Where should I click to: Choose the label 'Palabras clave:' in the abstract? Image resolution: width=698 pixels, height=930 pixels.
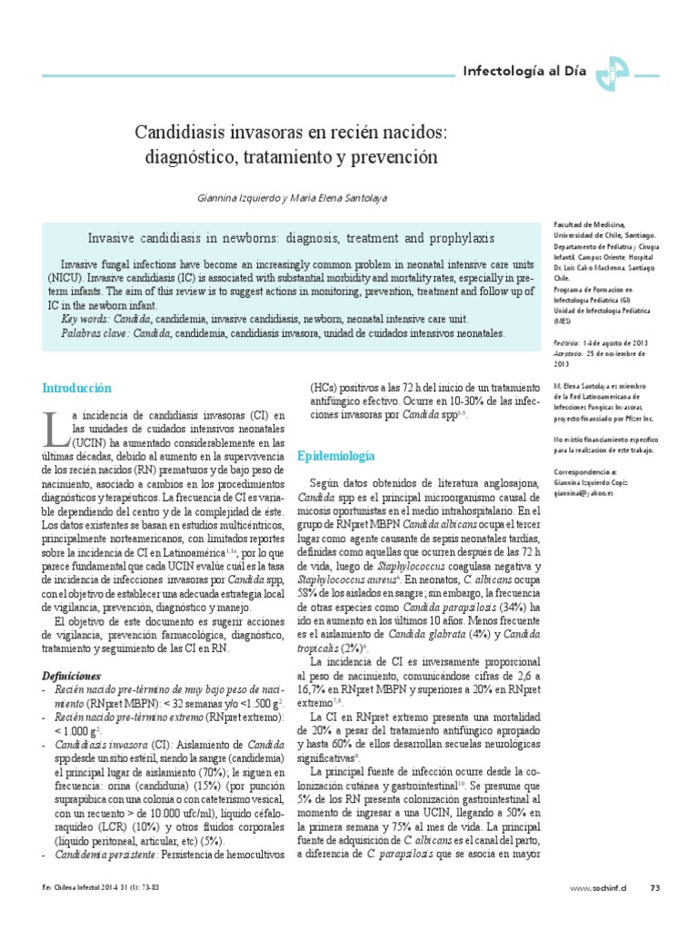pos(95,333)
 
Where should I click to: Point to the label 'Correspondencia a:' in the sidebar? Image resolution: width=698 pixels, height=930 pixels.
pos(589,473)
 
